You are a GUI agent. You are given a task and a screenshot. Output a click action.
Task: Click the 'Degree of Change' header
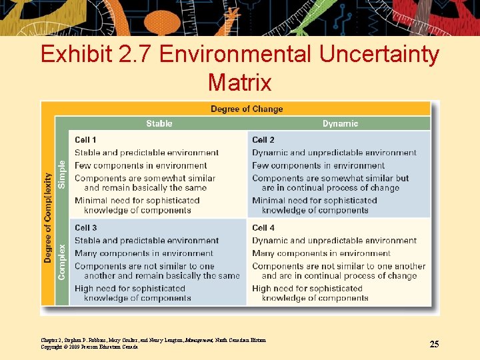247,109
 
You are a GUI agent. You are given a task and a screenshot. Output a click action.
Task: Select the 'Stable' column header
159,123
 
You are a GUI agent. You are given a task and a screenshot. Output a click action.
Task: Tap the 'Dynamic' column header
340,123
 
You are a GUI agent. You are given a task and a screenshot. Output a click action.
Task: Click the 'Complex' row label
62,261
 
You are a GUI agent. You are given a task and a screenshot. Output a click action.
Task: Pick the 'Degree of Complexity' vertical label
48,217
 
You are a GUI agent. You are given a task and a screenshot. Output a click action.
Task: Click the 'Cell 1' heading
85,140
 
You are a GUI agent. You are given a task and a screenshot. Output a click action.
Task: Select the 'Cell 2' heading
263,140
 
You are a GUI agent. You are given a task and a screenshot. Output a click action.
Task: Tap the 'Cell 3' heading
85,228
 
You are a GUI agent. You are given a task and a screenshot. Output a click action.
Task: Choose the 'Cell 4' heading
263,228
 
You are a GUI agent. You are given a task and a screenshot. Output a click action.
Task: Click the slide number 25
434,344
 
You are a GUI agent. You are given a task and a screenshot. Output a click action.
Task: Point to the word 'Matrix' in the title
239,83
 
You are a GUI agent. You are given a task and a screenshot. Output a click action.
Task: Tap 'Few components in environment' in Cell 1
141,165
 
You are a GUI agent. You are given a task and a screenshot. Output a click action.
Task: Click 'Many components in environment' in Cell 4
321,253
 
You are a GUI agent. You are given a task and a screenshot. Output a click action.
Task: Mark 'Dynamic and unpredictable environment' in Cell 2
334,153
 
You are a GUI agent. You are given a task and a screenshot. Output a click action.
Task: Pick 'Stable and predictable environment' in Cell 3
147,241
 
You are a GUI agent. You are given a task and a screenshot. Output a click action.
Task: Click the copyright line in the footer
89,347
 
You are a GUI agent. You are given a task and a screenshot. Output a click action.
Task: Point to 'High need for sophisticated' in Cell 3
130,289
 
